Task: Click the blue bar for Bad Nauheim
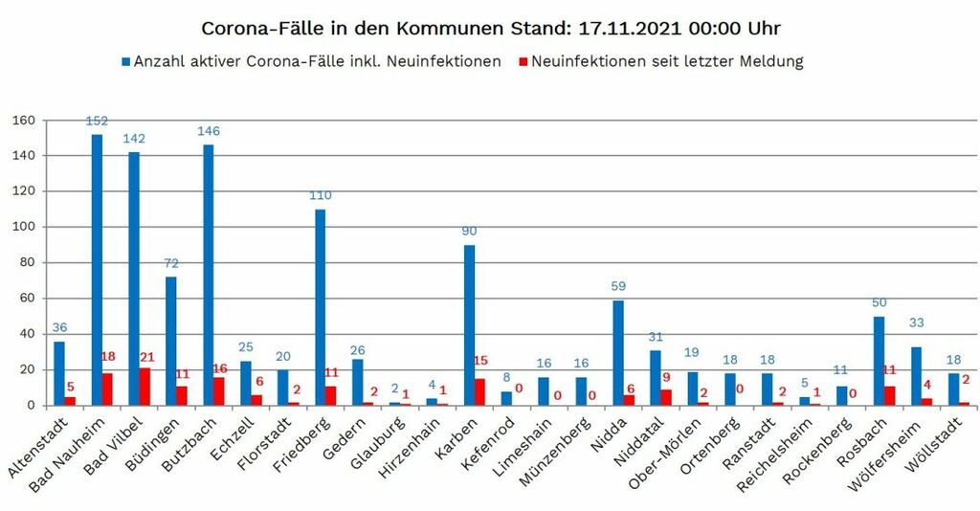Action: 97,270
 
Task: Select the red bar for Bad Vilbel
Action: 145,387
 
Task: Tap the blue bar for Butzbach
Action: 209,275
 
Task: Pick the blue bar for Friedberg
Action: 320,307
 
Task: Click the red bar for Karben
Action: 479,391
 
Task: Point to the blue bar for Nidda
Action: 618,353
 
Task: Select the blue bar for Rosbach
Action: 878,361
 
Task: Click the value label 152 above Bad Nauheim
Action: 97,122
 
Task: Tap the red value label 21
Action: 147,356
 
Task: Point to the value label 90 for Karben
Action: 469,231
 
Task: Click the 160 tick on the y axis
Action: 23,121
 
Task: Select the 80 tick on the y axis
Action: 27,262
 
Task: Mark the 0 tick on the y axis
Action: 31,405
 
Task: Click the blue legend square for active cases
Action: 125,62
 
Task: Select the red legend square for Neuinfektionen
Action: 523,62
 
